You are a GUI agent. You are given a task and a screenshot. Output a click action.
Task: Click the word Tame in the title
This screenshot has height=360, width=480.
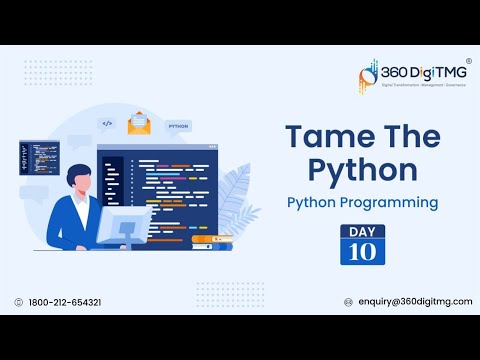[319, 137]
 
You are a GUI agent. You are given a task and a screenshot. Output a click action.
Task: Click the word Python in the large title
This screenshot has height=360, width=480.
[361, 170]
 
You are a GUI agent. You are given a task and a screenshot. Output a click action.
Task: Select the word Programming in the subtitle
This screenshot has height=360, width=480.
[391, 202]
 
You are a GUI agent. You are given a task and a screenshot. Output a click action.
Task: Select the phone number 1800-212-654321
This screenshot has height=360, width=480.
[63, 302]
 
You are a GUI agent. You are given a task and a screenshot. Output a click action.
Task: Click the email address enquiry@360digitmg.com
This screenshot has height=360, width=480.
[414, 302]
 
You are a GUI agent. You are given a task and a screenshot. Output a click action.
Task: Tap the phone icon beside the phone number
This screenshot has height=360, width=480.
[18, 302]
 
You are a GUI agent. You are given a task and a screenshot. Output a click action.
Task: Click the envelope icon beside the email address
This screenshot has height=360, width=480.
[348, 302]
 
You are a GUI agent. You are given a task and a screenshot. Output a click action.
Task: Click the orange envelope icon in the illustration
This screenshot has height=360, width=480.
[139, 124]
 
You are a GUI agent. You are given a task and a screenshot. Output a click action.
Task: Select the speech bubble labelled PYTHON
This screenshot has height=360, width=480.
[180, 128]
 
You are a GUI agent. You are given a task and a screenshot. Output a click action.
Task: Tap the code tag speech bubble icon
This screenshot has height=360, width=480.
[107, 125]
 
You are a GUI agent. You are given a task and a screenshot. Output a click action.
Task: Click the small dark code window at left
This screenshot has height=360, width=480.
[38, 157]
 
